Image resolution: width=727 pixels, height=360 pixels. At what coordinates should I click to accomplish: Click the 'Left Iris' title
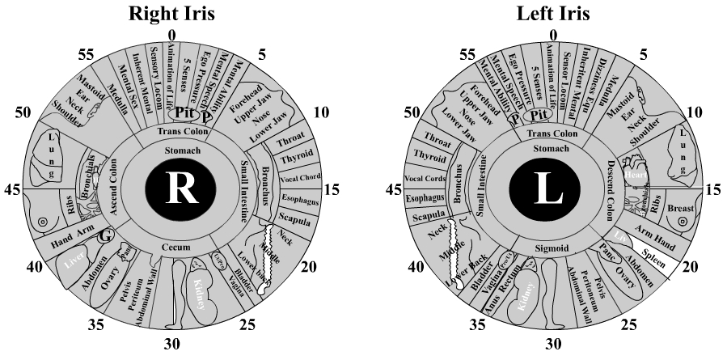point(552,13)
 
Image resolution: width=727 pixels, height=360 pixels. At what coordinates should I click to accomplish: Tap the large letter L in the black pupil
point(549,189)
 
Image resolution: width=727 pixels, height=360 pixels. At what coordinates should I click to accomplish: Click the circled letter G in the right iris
point(104,238)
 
